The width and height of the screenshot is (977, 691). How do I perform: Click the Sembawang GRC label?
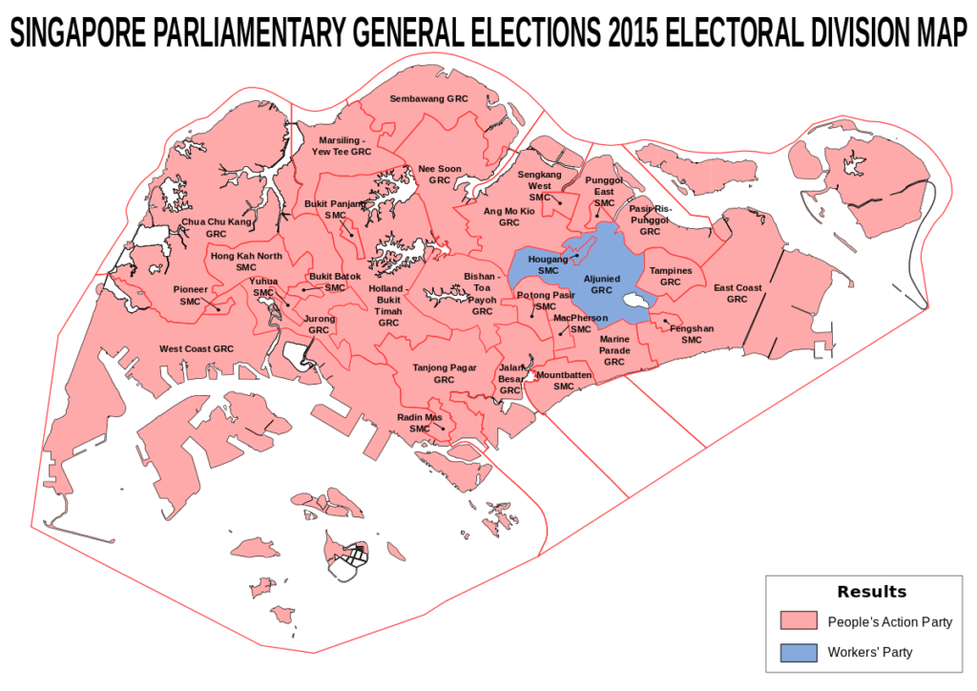point(429,98)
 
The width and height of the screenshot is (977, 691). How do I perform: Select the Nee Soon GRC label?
point(439,174)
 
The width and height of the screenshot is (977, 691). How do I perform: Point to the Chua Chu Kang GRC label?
point(217,227)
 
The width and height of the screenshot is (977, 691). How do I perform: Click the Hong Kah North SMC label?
point(246,262)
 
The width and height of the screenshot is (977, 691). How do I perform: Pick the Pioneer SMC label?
point(190,295)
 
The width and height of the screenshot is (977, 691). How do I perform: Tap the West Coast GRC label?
point(197,348)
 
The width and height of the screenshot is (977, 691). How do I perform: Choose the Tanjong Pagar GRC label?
point(444,373)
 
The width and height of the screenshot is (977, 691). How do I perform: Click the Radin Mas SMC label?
point(420,423)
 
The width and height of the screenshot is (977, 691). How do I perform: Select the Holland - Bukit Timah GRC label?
point(388,305)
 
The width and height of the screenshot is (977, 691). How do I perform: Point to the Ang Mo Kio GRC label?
point(509,216)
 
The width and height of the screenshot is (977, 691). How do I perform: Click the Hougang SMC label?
point(548,264)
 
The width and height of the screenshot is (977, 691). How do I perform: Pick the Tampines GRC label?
point(671,276)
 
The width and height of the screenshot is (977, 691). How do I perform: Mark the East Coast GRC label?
point(738,293)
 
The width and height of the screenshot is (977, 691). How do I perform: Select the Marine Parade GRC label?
point(614,350)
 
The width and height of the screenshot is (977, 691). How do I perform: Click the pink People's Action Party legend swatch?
point(798,622)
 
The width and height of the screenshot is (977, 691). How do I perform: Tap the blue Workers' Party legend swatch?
point(798,653)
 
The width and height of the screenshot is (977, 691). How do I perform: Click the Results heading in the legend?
point(871,592)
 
